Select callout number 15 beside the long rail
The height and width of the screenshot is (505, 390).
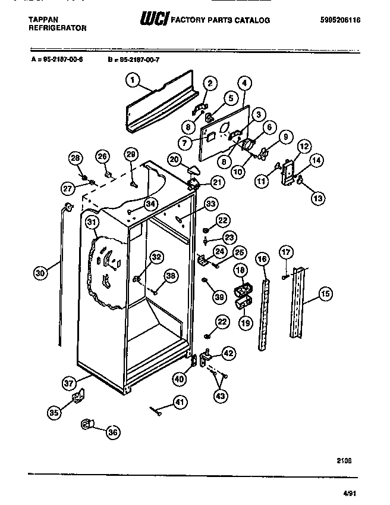click(x=325, y=293)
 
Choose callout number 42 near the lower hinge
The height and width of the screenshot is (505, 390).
click(x=228, y=353)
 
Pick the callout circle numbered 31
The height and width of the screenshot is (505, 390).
click(x=92, y=223)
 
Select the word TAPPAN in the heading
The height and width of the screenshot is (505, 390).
click(x=43, y=20)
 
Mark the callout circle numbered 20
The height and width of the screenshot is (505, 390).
click(x=174, y=159)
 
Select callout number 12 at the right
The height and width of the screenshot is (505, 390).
click(x=304, y=146)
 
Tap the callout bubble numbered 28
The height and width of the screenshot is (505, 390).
click(x=75, y=158)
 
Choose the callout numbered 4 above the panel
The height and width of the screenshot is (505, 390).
click(x=246, y=83)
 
